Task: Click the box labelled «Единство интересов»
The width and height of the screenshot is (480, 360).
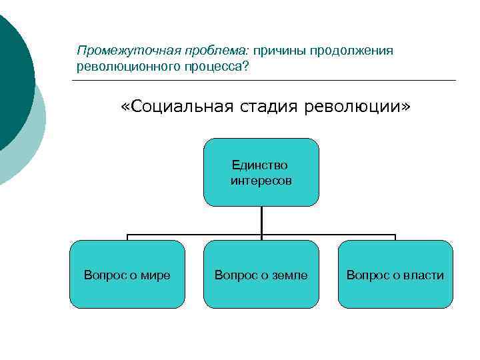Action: tap(261, 172)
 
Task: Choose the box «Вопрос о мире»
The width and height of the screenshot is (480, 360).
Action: tap(127, 274)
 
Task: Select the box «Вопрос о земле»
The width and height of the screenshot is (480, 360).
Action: tap(261, 274)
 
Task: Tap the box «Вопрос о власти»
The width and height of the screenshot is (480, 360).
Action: tap(395, 274)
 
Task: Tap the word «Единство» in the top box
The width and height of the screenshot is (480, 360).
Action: tap(260, 165)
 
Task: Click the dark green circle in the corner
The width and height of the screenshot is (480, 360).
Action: tap(10, 80)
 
